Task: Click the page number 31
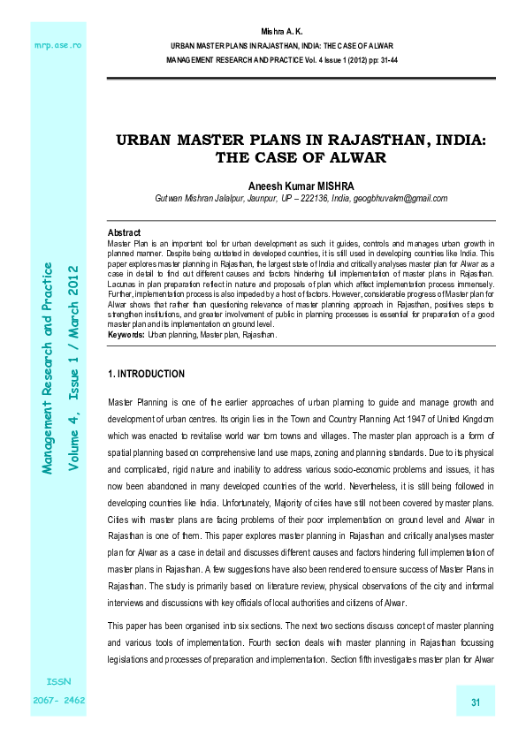tap(475, 703)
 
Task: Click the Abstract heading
tap(124, 232)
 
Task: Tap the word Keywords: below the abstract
tap(126, 336)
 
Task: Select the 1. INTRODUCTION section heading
tap(146, 375)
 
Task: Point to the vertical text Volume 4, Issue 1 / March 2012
tap(74, 366)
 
